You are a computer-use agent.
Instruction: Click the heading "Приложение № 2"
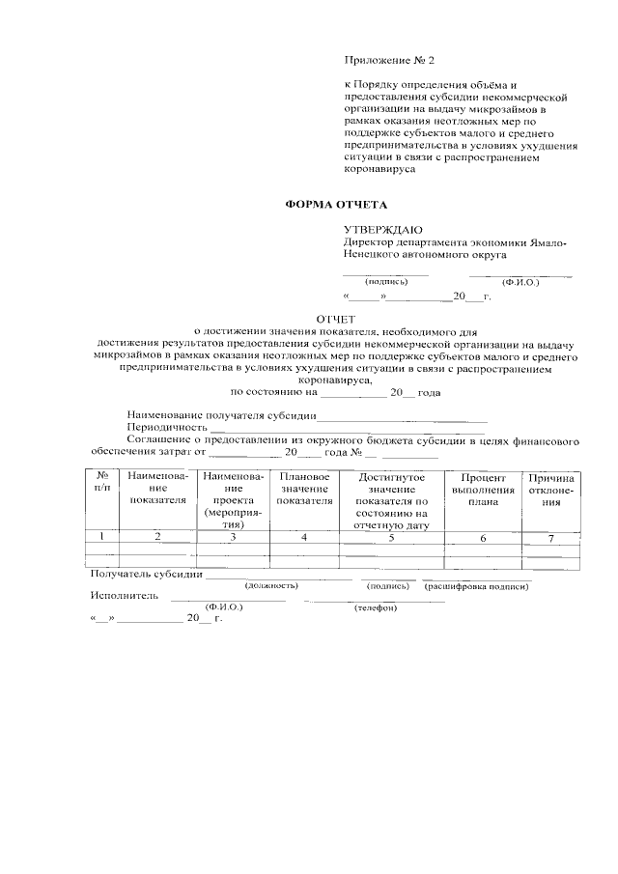pyautogui.click(x=389, y=61)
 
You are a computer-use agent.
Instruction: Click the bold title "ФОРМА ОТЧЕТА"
pyautogui.click(x=335, y=205)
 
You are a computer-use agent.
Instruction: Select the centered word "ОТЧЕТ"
pyautogui.click(x=336, y=319)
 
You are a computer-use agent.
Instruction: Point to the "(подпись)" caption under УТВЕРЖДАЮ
pyautogui.click(x=386, y=282)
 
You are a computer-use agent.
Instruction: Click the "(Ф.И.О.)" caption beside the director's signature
pyautogui.click(x=520, y=282)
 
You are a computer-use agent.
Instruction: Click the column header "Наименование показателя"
pyautogui.click(x=155, y=489)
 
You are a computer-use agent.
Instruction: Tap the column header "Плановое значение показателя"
pyautogui.click(x=304, y=489)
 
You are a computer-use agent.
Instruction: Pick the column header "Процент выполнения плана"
pyautogui.click(x=483, y=489)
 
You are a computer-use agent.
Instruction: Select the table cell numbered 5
pyautogui.click(x=391, y=538)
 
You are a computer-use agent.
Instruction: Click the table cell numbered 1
pyautogui.click(x=102, y=538)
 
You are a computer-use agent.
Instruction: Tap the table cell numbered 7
pyautogui.click(x=550, y=538)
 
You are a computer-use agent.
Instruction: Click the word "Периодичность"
pyautogui.click(x=167, y=427)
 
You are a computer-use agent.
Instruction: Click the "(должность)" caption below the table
pyautogui.click(x=271, y=586)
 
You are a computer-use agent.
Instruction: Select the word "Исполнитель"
pyautogui.click(x=124, y=596)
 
